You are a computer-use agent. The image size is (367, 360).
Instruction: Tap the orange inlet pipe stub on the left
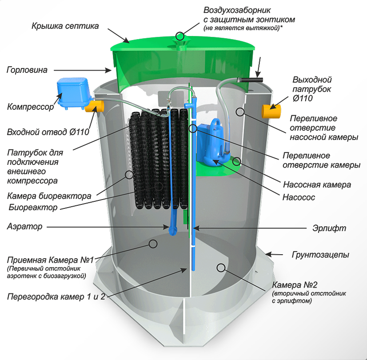(96, 106)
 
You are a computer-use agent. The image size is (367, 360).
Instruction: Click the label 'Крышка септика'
(65, 26)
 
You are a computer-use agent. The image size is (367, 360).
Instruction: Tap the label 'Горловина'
(27, 70)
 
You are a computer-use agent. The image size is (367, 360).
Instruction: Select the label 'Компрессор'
(31, 107)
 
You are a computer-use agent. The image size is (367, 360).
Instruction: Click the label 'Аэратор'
(24, 227)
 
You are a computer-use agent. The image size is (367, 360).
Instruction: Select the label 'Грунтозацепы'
(320, 255)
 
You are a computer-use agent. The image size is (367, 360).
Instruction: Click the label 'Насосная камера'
(317, 184)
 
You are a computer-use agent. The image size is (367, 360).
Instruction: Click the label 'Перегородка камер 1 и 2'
(56, 296)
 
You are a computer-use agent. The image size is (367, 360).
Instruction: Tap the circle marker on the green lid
(180, 36)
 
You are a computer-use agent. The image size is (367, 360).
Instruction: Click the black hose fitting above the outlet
(250, 80)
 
